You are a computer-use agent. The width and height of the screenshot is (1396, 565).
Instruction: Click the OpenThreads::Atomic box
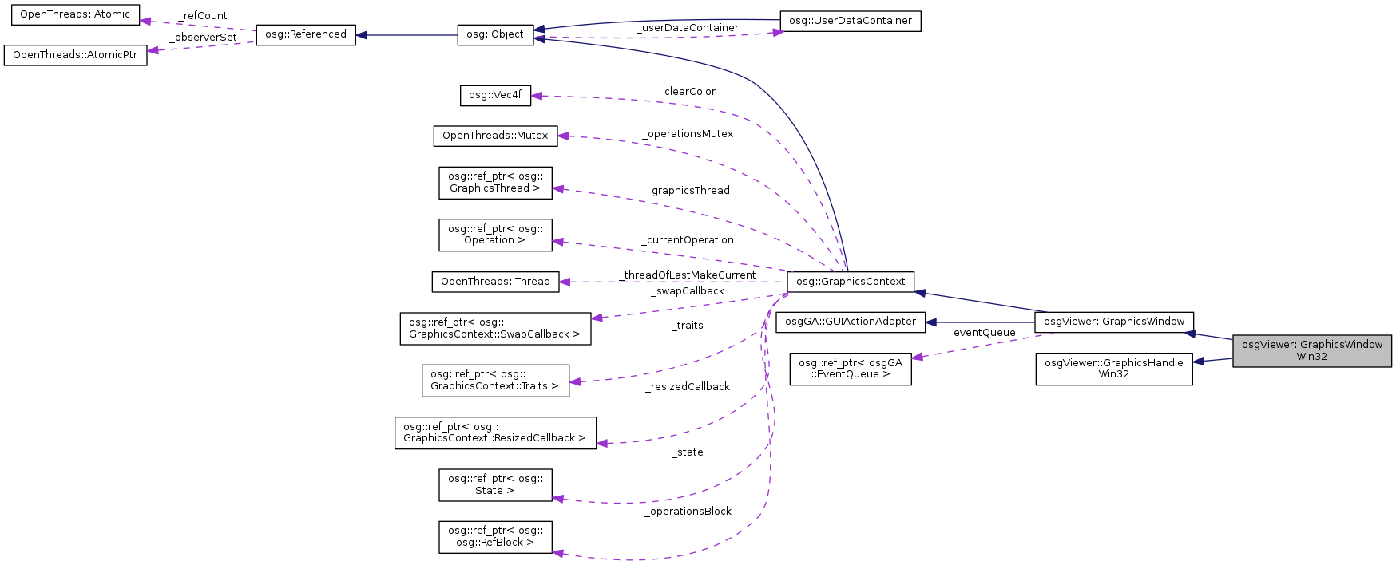pos(75,14)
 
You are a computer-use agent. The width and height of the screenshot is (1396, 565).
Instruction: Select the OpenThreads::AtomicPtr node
pos(75,55)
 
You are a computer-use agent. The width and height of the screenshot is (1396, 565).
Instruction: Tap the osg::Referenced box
pos(306,34)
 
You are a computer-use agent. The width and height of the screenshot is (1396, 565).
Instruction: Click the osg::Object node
pos(495,34)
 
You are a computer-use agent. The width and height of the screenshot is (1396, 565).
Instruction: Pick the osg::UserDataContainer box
pos(850,21)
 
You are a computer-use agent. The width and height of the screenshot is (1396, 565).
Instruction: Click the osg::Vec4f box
pos(495,95)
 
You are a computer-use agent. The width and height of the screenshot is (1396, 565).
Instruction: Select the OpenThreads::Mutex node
pos(495,136)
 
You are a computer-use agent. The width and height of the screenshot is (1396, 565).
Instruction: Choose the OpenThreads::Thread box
pos(495,282)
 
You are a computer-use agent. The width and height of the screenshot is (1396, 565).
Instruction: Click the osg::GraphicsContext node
pos(851,282)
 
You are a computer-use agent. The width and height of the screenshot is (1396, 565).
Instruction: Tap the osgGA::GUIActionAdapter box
pos(851,322)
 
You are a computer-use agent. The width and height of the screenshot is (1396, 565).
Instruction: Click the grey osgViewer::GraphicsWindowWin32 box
pos(1311,350)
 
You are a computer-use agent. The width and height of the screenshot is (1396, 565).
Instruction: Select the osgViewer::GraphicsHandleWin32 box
pos(1113,369)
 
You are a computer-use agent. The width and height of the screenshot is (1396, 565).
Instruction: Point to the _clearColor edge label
pos(687,92)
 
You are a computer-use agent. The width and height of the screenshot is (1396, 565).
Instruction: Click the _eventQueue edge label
pos(982,333)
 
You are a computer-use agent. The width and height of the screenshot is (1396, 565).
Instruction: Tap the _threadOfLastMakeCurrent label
pos(688,275)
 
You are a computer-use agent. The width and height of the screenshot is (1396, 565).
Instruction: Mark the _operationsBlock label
pos(688,512)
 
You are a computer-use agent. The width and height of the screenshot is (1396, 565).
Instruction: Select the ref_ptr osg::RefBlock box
pos(495,537)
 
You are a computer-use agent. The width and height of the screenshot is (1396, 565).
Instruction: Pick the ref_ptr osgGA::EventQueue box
pos(851,369)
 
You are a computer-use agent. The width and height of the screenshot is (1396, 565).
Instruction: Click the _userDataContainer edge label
pos(687,28)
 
